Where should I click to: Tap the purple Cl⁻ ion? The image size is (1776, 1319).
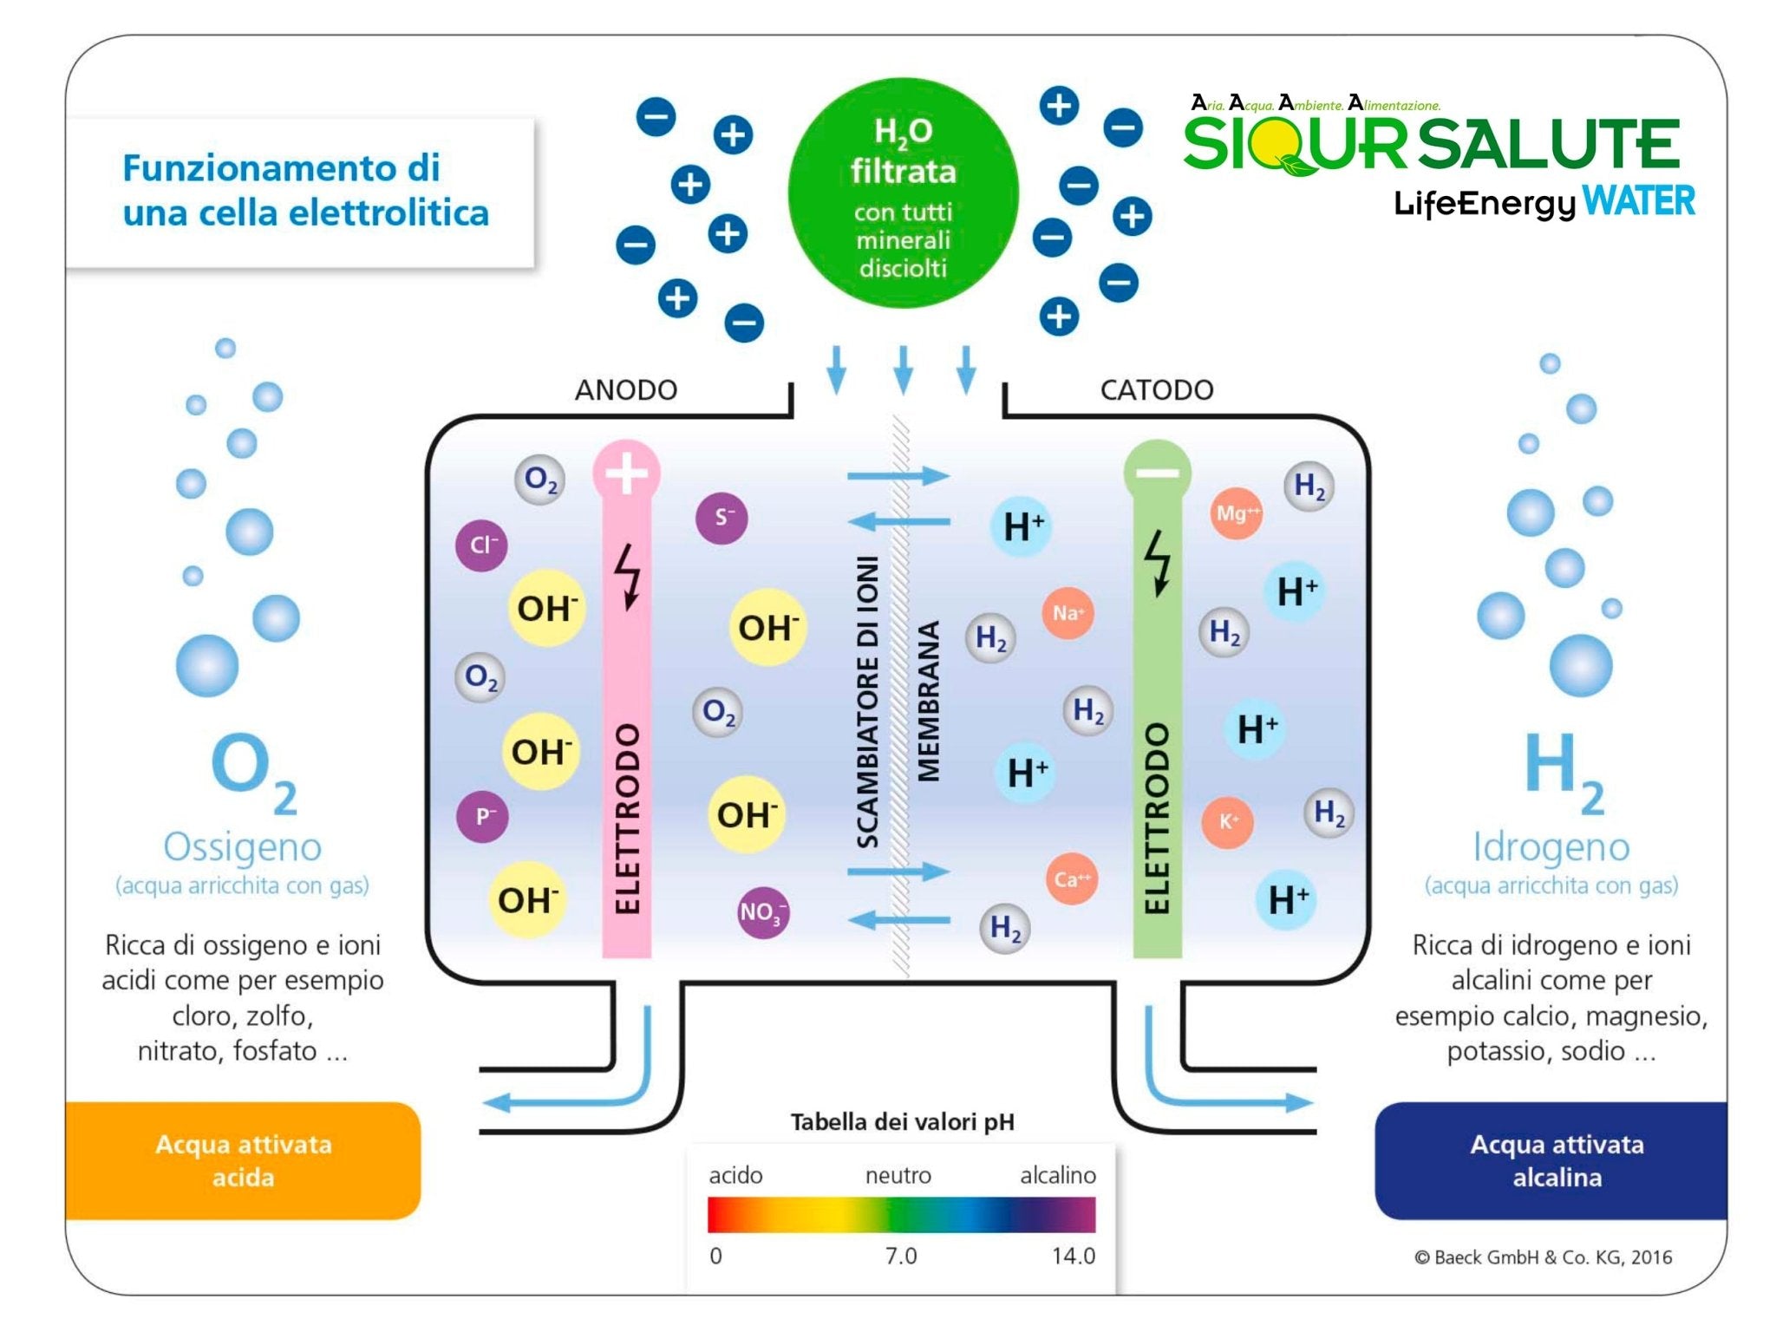point(481,545)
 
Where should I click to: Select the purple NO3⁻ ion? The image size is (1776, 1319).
point(762,911)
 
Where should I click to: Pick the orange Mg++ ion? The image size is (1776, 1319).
point(1236,513)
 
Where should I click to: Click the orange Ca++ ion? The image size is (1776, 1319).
point(1072,878)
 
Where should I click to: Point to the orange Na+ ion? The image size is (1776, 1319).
point(1068,613)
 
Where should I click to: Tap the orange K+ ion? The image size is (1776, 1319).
point(1228,821)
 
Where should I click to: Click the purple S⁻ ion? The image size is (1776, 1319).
point(721,519)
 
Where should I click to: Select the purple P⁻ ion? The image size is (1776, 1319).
point(482,816)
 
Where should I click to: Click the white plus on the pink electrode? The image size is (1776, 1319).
point(626,473)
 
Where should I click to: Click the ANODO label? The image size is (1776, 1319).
point(625,390)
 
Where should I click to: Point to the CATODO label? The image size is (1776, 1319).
point(1156,390)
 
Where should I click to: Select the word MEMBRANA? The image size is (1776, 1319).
point(928,701)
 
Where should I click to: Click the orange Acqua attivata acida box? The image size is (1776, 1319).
point(243,1160)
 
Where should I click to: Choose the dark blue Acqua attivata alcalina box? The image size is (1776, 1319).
point(1557,1160)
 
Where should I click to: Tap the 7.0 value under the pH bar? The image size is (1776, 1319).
point(901,1256)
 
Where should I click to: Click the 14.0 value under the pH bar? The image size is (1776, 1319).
point(1074,1256)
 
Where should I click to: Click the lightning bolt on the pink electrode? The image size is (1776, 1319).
point(628,576)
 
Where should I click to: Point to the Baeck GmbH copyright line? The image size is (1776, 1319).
point(1543,1257)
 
